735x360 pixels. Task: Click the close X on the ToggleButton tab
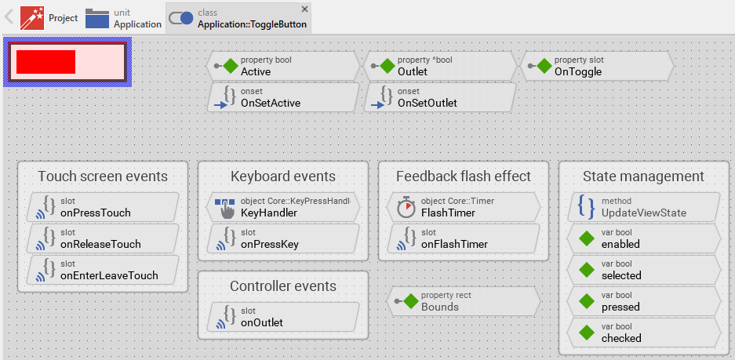(x=304, y=9)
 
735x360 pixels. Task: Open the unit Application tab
(x=123, y=18)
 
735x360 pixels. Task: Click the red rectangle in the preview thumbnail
(x=45, y=62)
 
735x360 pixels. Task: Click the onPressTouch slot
(x=102, y=207)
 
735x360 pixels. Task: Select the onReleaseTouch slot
(x=102, y=238)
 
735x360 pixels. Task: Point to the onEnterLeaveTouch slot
(x=102, y=270)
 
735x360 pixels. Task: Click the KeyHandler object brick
(x=282, y=207)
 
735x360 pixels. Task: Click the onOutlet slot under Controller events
(x=282, y=317)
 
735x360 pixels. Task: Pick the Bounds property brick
(x=463, y=301)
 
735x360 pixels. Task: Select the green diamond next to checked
(x=586, y=333)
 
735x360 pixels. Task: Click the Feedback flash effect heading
(x=463, y=176)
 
